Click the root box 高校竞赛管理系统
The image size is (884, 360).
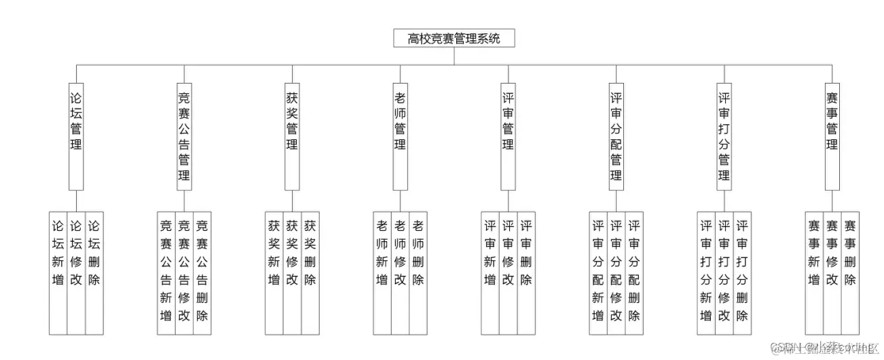pyautogui.click(x=454, y=39)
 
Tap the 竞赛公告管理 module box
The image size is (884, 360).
pyautogui.click(x=184, y=135)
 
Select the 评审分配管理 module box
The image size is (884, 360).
pyautogui.click(x=616, y=135)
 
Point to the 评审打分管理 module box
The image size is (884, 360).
pyautogui.click(x=724, y=135)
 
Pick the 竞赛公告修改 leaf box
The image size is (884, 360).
pyautogui.click(x=184, y=272)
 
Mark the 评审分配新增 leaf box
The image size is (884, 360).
pyautogui.click(x=598, y=272)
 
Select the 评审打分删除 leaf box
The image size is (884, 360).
pyautogui.click(x=742, y=272)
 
